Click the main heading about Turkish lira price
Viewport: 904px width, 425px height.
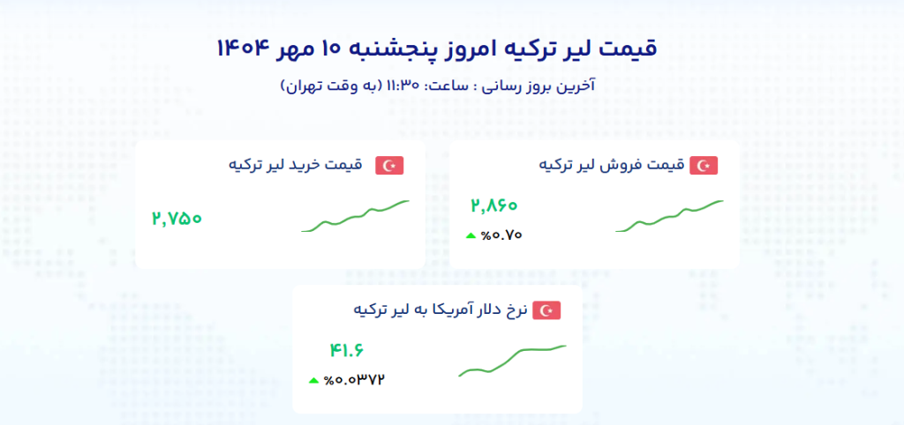[x=436, y=48]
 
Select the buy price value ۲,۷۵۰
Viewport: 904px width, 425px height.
[x=177, y=219]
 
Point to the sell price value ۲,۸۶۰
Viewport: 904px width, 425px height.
[x=494, y=205]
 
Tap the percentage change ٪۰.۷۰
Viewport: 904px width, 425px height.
[x=501, y=235]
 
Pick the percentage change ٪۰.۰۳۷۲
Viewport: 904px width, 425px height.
[x=354, y=380]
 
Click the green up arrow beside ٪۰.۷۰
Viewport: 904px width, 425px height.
[x=471, y=235]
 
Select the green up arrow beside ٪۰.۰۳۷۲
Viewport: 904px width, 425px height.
[x=313, y=380]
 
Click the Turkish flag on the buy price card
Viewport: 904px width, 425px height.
[x=389, y=166]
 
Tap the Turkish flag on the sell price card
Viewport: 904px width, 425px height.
[x=704, y=166]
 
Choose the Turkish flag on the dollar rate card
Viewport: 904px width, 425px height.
[x=546, y=311]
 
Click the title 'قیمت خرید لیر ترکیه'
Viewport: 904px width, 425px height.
[x=295, y=165]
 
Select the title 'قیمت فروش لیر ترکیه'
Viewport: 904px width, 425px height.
[x=611, y=165]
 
